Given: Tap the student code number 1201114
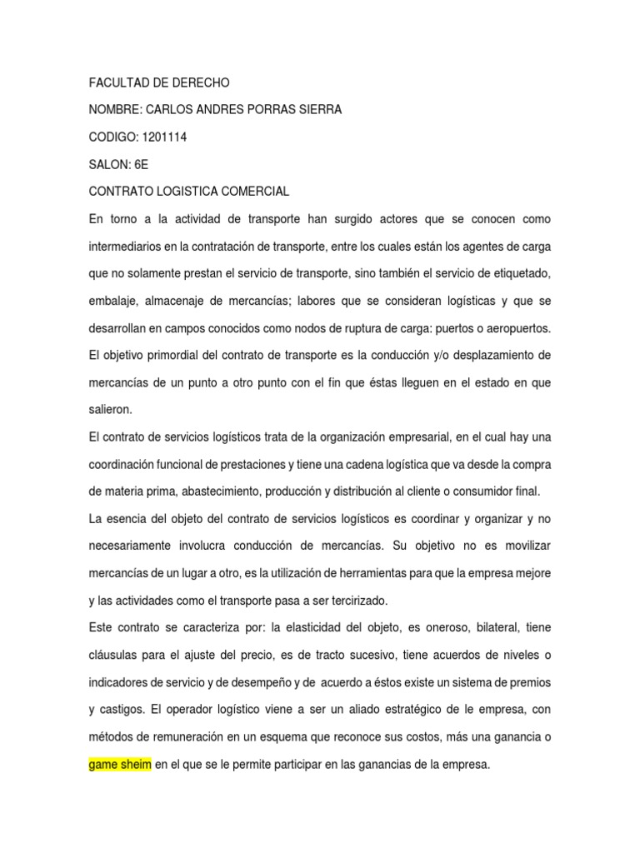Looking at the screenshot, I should click(x=164, y=137).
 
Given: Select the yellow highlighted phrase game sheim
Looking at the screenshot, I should click(x=120, y=764).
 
